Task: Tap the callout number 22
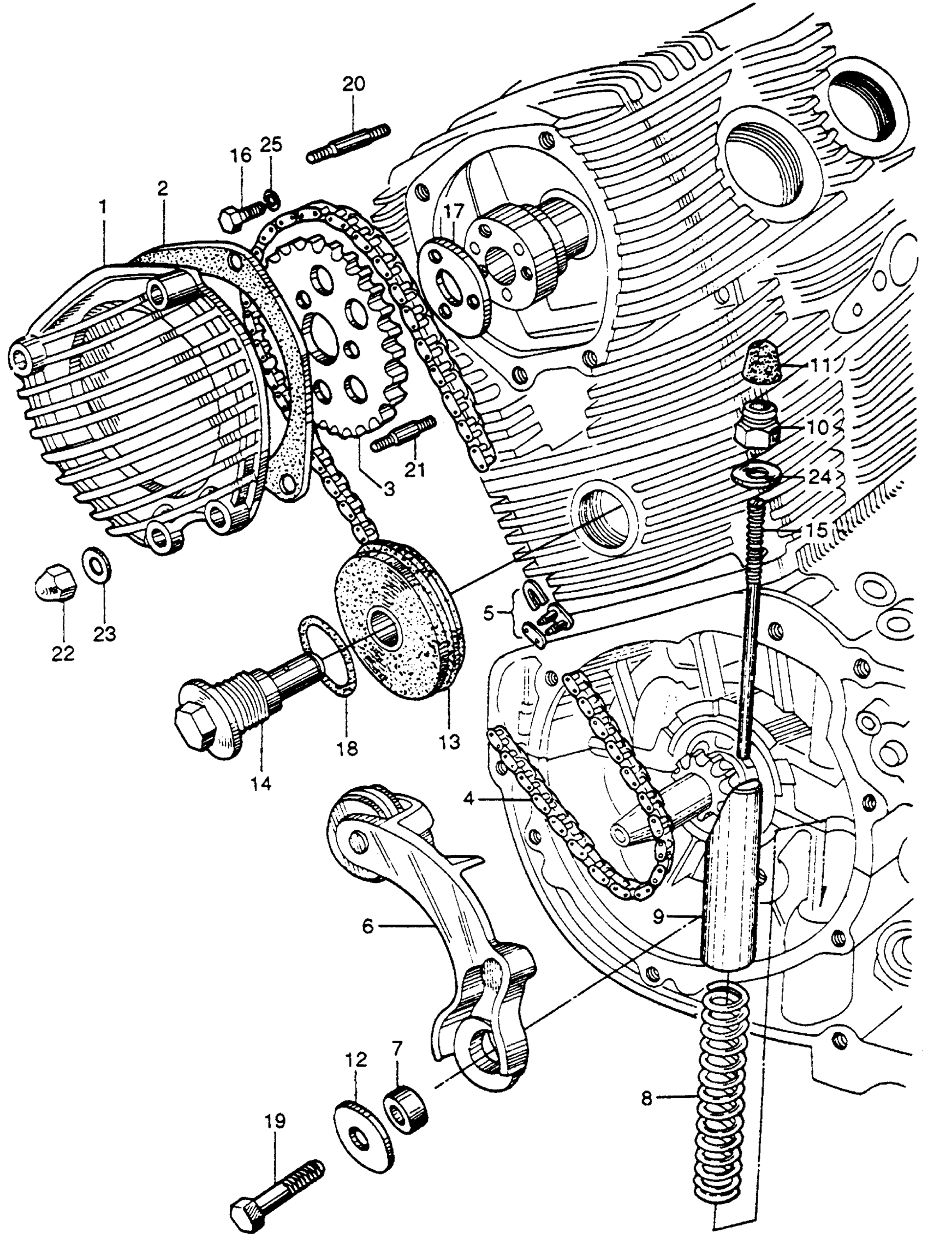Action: pyautogui.click(x=62, y=653)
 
